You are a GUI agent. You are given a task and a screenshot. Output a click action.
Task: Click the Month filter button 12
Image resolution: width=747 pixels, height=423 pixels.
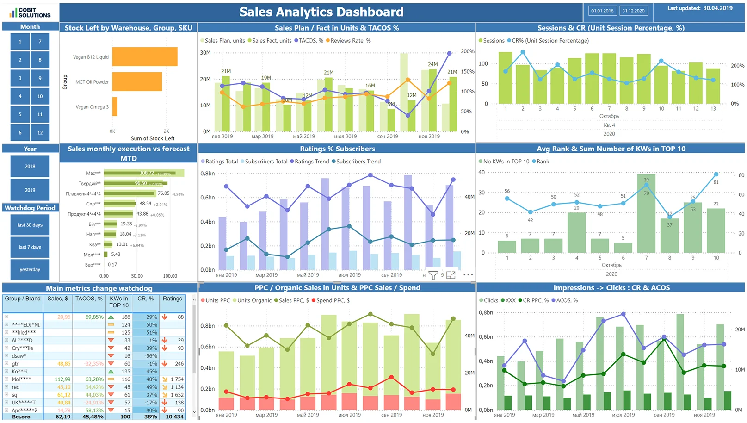(40, 133)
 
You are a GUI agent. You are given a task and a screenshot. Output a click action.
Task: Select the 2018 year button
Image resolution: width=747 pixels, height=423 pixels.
(30, 166)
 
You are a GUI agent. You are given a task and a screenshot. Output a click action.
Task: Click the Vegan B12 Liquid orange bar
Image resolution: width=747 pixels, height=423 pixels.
(145, 57)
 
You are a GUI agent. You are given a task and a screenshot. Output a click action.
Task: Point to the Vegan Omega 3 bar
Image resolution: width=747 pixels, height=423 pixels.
(115, 106)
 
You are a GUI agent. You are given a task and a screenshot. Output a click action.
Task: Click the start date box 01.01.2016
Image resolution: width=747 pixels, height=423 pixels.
(602, 11)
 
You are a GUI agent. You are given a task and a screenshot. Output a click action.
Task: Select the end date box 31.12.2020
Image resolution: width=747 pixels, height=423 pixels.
(633, 11)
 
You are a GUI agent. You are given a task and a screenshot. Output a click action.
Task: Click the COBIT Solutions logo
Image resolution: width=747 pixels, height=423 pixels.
(30, 12)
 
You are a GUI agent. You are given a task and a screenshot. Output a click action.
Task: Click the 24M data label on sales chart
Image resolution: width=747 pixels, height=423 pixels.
(432, 64)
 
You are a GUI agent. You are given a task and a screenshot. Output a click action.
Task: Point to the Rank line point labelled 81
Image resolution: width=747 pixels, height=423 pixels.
(716, 174)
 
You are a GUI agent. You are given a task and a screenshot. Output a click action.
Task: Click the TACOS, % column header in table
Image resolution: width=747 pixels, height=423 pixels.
(89, 299)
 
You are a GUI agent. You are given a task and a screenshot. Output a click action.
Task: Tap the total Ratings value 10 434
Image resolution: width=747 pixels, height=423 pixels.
(174, 417)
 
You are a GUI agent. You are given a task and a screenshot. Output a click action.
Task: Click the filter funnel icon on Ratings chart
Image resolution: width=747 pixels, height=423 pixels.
(433, 275)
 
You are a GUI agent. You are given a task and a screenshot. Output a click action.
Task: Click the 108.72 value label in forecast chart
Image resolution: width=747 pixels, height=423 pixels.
(147, 173)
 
